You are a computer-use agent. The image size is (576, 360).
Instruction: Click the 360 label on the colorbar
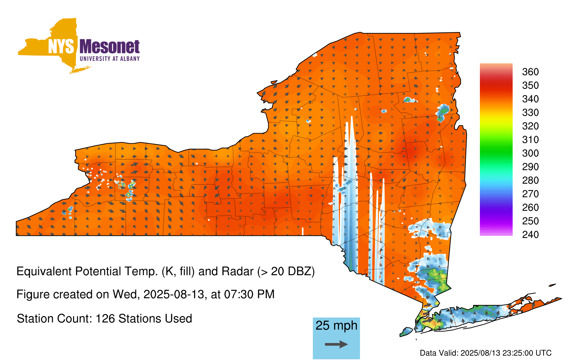point(530,72)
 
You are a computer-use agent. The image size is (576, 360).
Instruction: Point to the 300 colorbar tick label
point(530,153)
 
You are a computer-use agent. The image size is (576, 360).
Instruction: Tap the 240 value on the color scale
point(530,234)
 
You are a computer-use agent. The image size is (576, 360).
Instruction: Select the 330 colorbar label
point(530,112)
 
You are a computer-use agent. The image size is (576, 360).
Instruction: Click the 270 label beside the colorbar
point(530,194)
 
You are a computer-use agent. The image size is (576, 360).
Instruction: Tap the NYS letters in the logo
point(61,46)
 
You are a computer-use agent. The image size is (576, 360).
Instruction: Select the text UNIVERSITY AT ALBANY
point(110,59)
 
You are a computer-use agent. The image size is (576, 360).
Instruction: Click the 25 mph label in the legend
point(336,325)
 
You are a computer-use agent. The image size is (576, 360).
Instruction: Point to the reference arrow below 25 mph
point(336,344)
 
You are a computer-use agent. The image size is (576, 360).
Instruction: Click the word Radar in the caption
point(238,271)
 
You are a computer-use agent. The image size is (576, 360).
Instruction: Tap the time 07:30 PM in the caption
point(249,294)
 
